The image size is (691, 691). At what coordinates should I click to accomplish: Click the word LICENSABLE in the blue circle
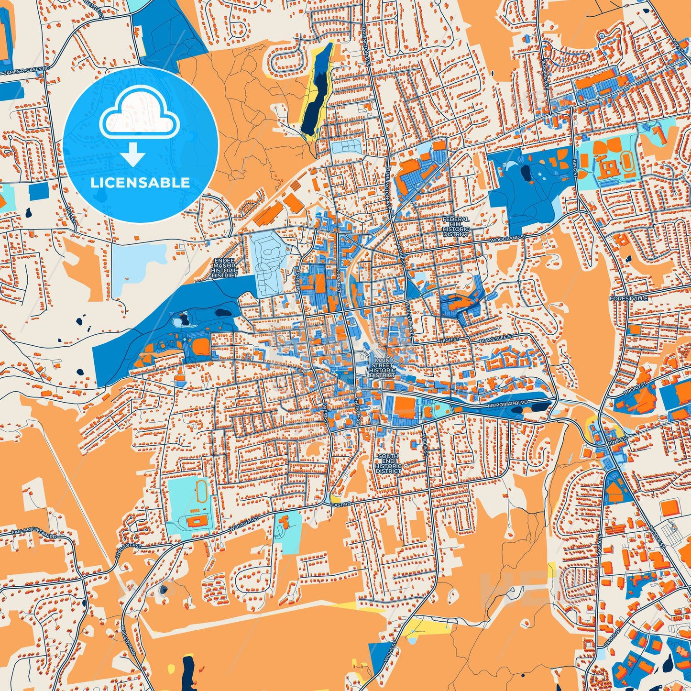pos(140,183)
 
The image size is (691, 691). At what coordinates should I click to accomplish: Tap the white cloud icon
pos(139,114)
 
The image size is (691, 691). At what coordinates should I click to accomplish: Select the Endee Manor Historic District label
pos(224,268)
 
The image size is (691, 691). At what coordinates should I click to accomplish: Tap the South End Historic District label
pos(388,463)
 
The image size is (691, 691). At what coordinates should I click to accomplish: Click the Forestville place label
pos(629,298)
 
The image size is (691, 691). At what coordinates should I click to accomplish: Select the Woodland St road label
pos(507,238)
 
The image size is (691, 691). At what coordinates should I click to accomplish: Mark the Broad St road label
pos(635,388)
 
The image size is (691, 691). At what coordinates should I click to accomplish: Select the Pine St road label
pos(617,439)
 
